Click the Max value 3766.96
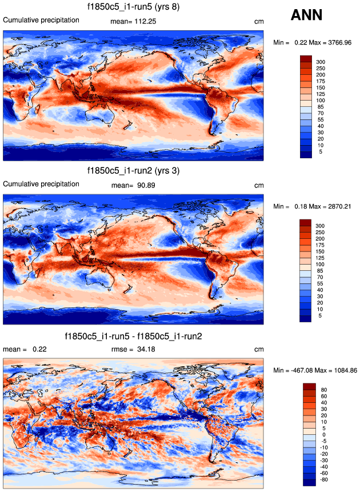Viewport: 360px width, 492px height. pyautogui.click(x=335, y=42)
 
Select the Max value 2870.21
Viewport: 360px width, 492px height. pyautogui.click(x=335, y=206)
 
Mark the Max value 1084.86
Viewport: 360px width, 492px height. pyautogui.click(x=342, y=370)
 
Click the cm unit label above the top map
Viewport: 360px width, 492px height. pyautogui.click(x=259, y=22)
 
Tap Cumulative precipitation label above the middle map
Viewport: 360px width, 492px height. pyautogui.click(x=42, y=184)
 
